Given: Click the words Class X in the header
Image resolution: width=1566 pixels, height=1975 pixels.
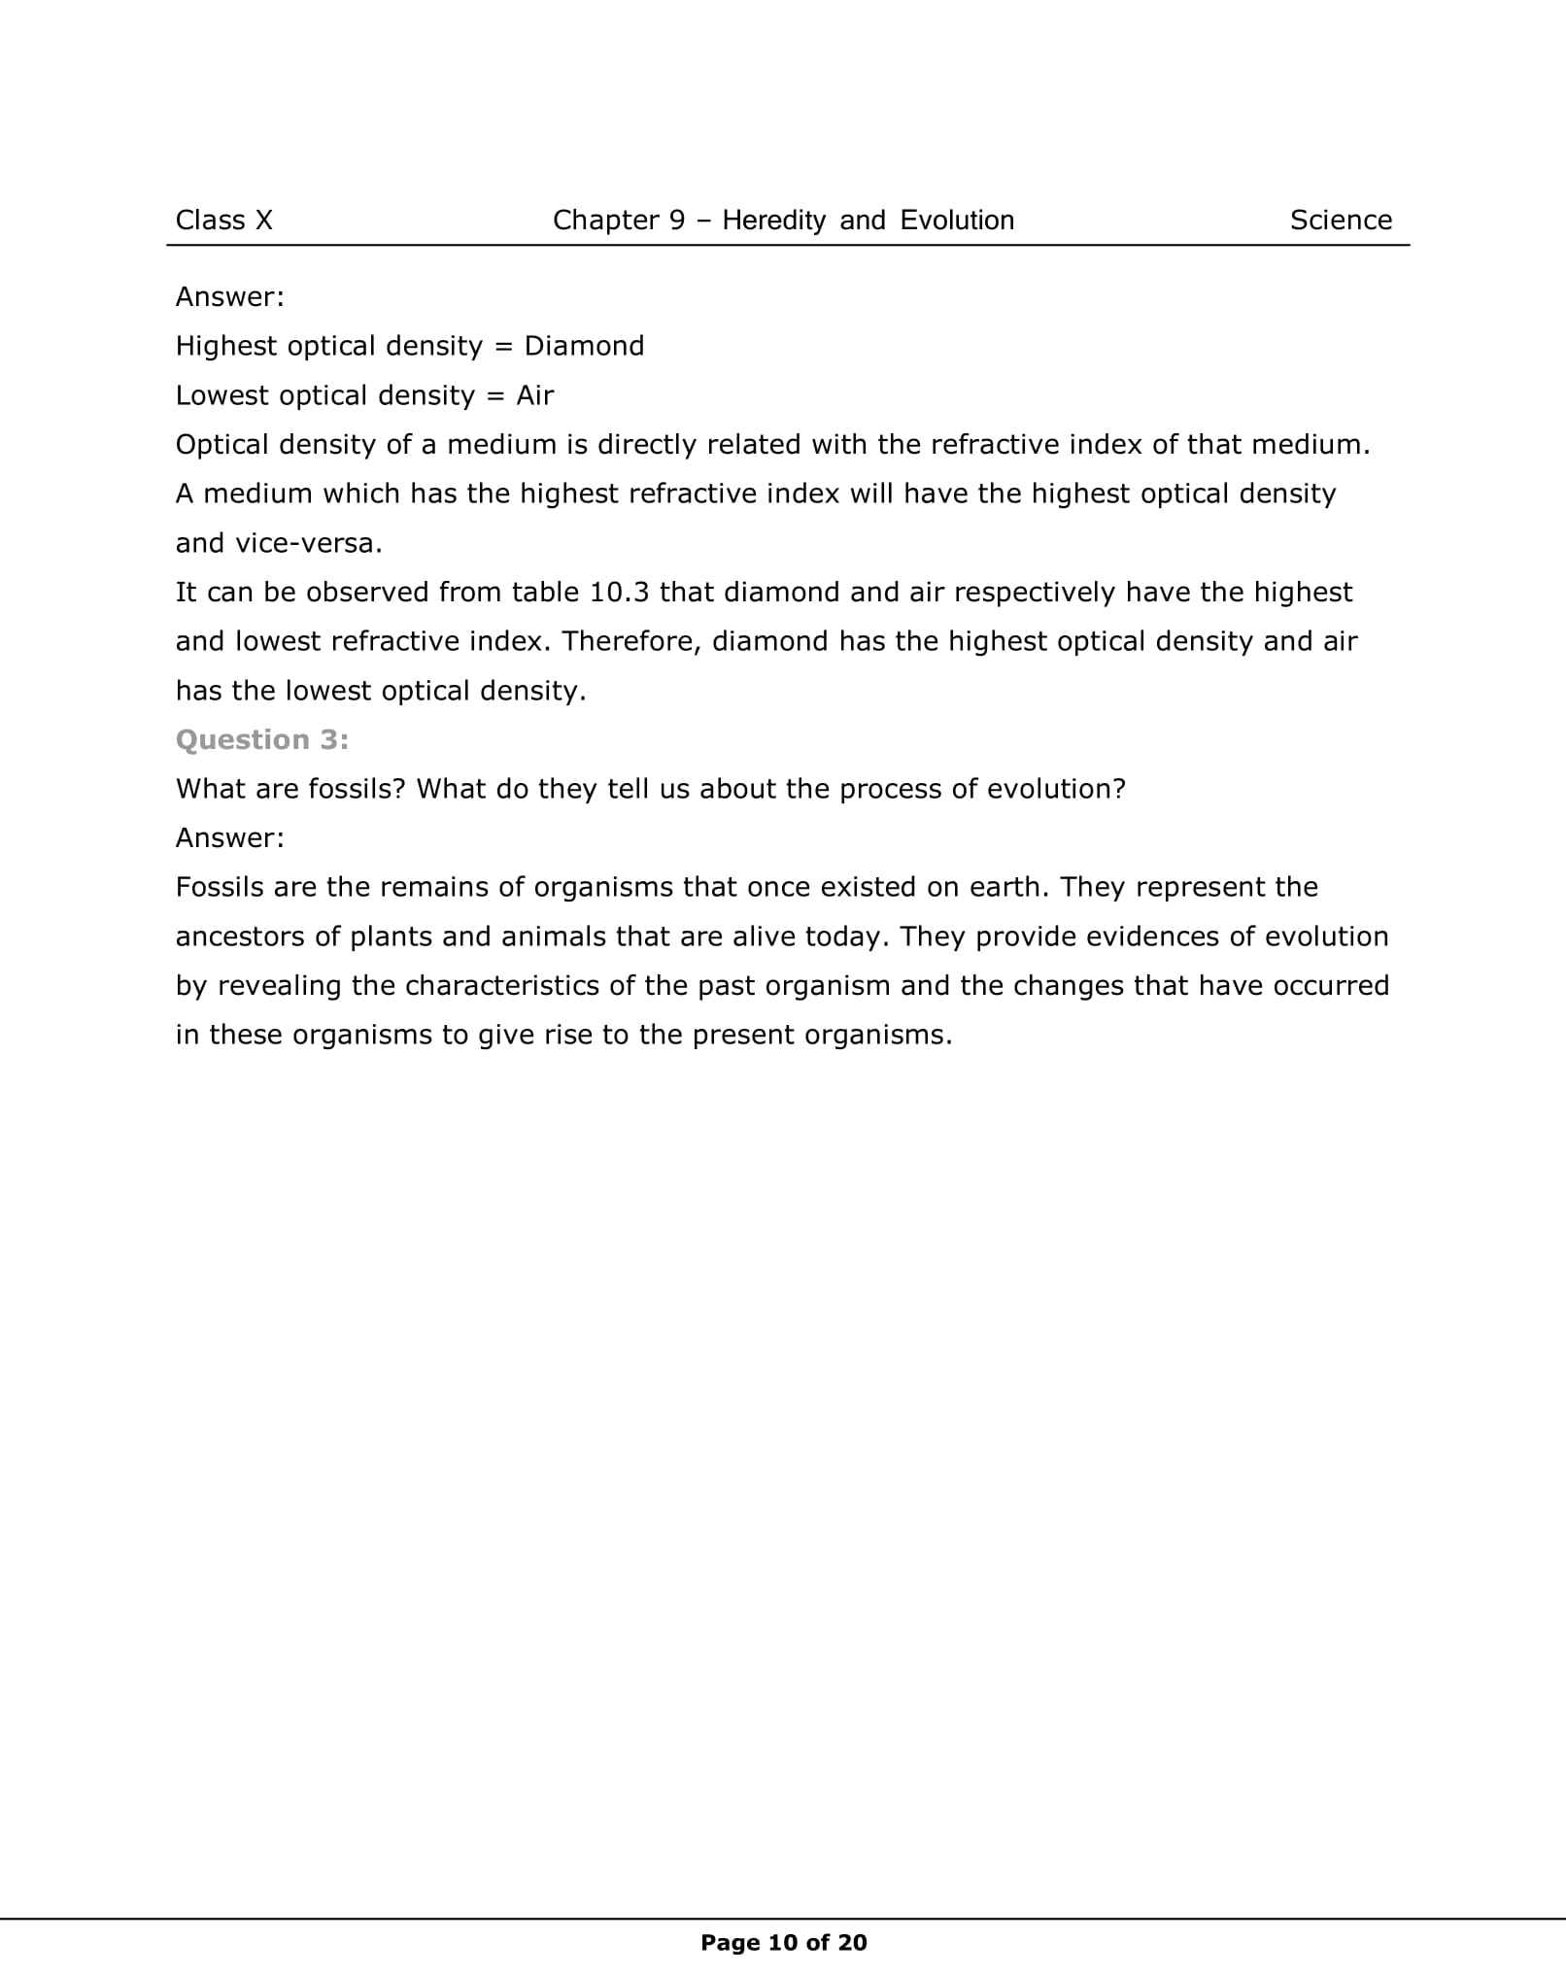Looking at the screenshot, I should coord(223,221).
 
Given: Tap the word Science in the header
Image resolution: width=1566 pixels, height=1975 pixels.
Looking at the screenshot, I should coord(1341,221).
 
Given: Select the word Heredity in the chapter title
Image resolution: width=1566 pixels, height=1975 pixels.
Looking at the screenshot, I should coord(773,221).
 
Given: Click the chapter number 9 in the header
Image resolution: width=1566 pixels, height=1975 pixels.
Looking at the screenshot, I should coord(677,221).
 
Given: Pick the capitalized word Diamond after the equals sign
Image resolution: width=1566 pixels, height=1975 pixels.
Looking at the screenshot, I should coord(584,346).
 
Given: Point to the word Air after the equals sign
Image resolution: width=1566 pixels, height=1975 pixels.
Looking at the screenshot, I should coord(534,395).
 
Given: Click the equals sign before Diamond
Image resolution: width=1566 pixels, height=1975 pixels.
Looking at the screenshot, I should coord(503,346).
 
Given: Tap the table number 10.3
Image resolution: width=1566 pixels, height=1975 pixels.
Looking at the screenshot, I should coord(619,592).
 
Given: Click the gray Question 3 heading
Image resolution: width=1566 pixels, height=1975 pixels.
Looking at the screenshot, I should coord(262,740).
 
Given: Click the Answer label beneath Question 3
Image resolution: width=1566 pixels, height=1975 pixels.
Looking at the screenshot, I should coord(230,837).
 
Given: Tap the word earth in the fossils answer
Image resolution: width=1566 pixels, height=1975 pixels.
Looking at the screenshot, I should coord(1013,887).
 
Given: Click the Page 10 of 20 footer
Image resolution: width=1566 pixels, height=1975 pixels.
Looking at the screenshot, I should coord(783,1942).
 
